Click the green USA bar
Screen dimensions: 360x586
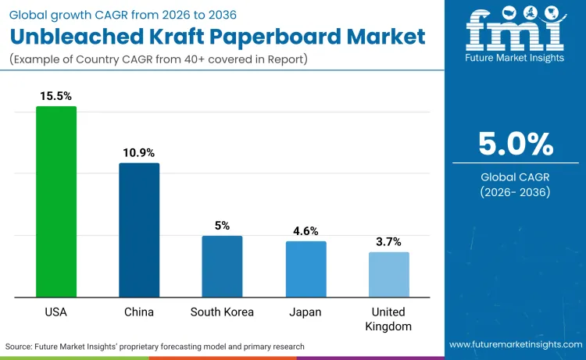(56, 201)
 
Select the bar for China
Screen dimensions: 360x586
(139, 230)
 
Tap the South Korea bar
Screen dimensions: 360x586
(222, 266)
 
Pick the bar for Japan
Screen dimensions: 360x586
(306, 269)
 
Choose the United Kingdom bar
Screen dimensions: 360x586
(389, 274)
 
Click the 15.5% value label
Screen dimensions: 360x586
(56, 96)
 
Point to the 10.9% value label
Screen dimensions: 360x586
(139, 152)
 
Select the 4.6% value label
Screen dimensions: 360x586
(306, 231)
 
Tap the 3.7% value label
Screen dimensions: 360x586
(389, 241)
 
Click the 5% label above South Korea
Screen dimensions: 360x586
(222, 226)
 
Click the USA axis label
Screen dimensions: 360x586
(56, 312)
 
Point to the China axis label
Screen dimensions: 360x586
(139, 312)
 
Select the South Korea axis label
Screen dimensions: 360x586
(222, 312)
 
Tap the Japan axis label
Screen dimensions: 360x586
(306, 312)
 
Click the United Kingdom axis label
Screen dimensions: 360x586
(389, 319)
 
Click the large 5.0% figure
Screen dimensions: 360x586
(516, 144)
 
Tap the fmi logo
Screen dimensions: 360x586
(516, 31)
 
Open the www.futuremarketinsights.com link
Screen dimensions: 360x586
(515, 344)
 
